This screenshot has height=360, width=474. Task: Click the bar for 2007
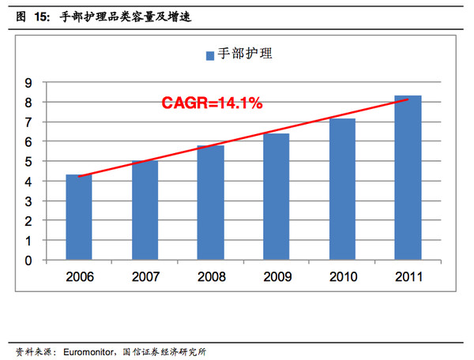pyautogui.click(x=145, y=210)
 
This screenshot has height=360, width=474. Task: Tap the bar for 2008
pyautogui.click(x=210, y=202)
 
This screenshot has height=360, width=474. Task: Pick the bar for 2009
pyautogui.click(x=276, y=197)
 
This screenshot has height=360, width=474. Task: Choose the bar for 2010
pyautogui.click(x=342, y=189)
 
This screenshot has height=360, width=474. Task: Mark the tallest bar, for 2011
pyautogui.click(x=408, y=178)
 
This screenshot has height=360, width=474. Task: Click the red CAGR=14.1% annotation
pyautogui.click(x=212, y=103)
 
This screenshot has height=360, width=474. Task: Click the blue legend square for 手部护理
pyautogui.click(x=210, y=55)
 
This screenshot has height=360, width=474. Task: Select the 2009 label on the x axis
pyautogui.click(x=276, y=277)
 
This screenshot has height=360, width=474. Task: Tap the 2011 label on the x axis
pyautogui.click(x=408, y=277)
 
